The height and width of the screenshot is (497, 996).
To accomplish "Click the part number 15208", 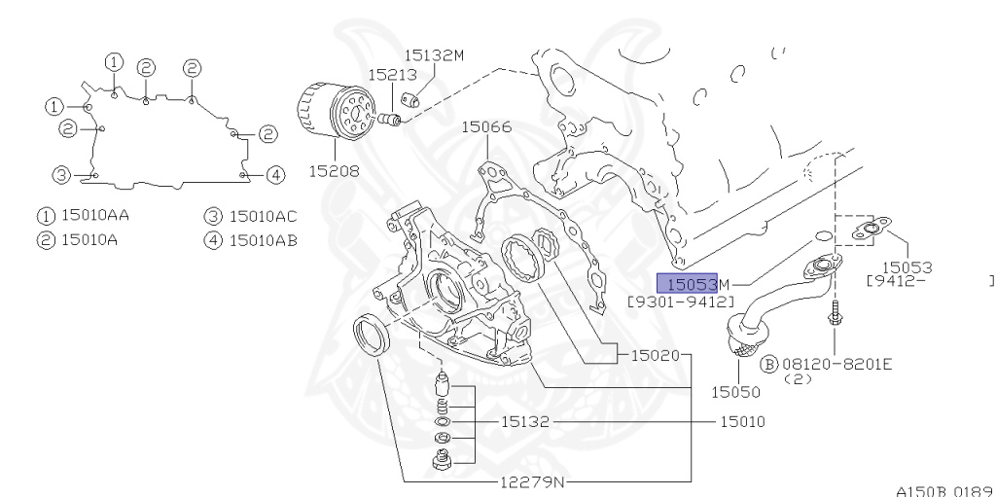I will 332,170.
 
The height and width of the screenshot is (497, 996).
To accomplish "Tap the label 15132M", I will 434,55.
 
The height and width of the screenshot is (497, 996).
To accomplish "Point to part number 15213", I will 392,74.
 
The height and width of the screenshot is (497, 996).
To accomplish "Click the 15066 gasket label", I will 486,126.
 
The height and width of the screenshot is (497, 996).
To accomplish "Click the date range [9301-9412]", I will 680,302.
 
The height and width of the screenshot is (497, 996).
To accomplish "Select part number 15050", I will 735,392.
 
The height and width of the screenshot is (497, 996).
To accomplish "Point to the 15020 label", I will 655,355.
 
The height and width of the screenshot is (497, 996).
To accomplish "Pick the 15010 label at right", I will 743,422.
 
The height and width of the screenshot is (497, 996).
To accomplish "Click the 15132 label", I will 526,422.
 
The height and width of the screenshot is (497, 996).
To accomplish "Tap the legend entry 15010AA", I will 94,216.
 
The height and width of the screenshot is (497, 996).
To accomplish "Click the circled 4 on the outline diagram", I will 275,175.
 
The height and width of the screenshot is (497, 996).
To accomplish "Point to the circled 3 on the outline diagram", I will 61,175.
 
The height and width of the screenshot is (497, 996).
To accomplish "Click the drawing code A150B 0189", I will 943,489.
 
